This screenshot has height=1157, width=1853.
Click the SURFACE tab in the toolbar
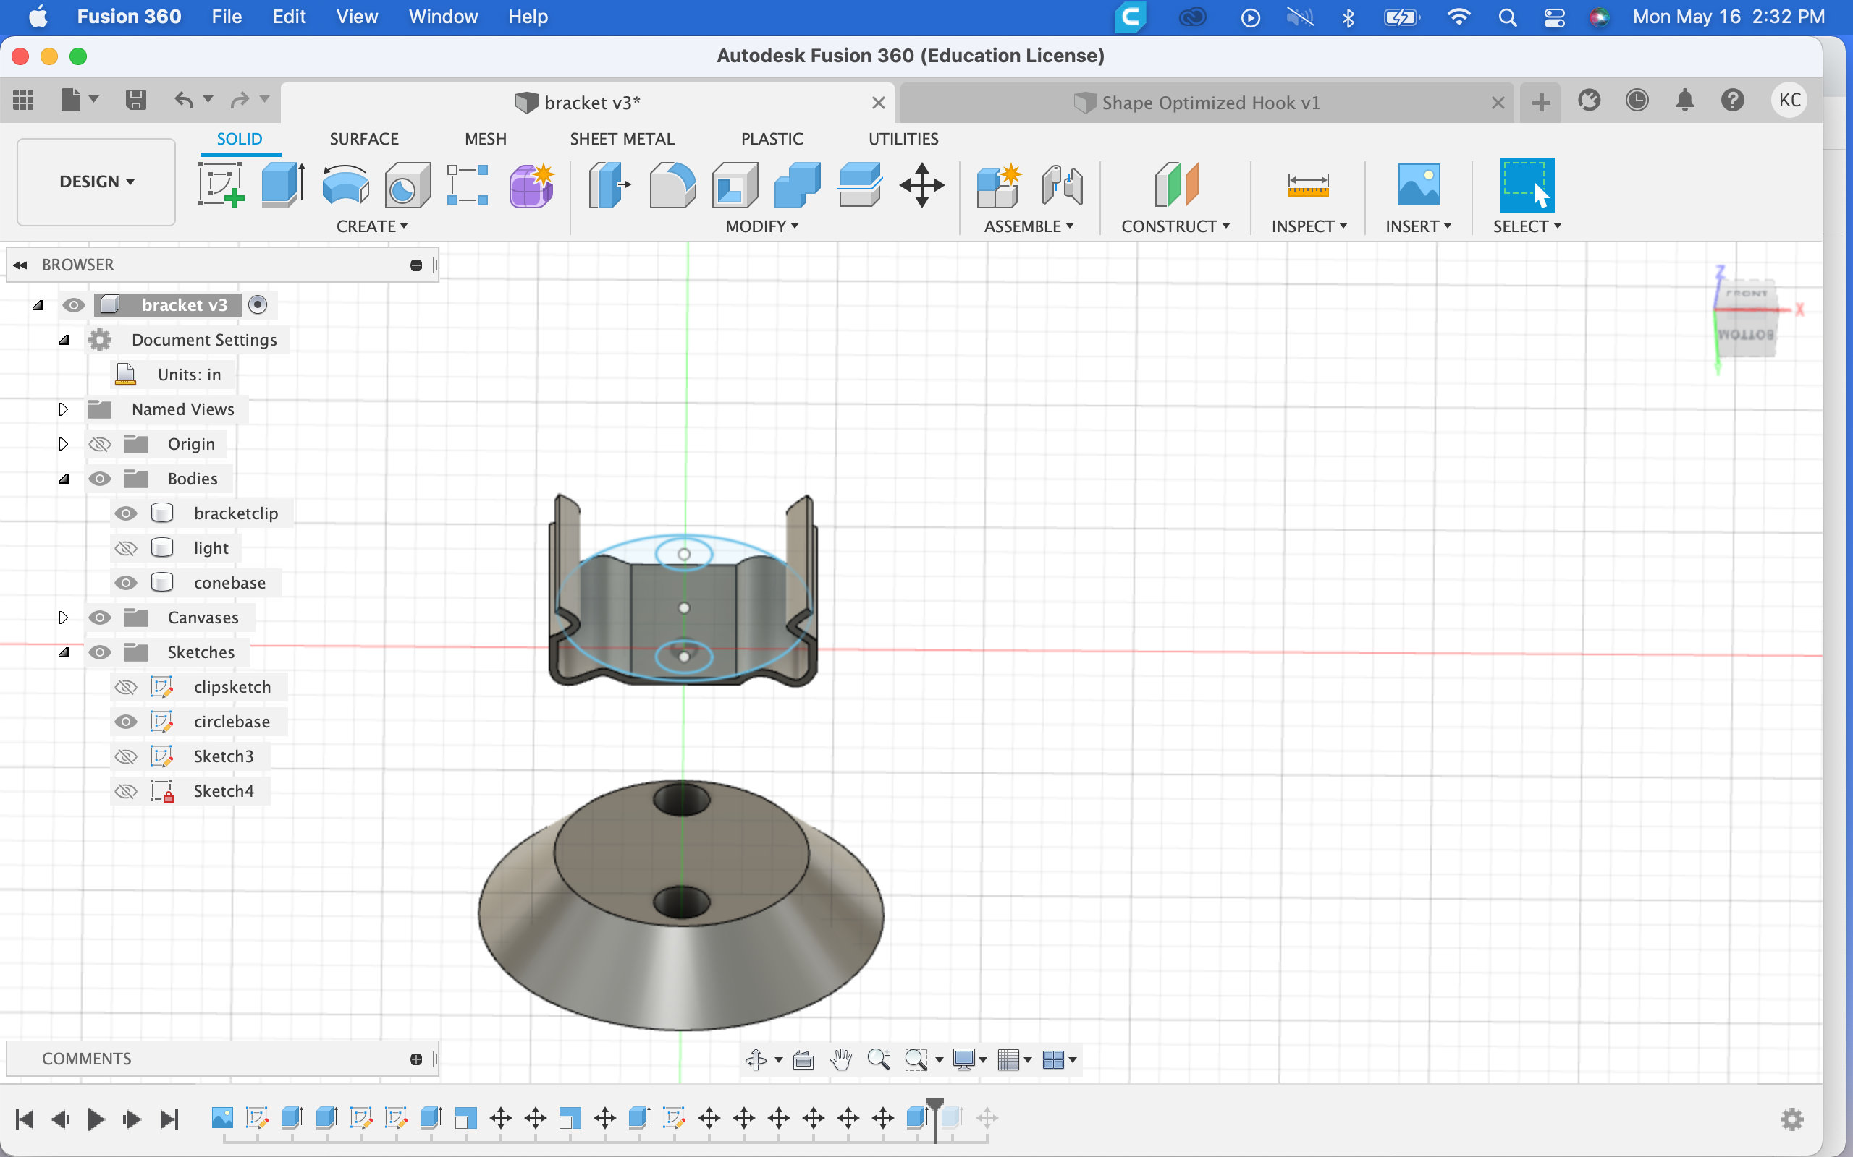[x=363, y=139]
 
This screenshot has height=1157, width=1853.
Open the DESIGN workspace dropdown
[x=96, y=182]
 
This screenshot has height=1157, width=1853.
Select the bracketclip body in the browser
[x=236, y=513]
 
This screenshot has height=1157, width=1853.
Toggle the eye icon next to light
[x=125, y=548]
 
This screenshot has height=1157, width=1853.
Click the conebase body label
[x=229, y=583]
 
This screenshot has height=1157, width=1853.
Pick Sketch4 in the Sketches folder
[x=224, y=791]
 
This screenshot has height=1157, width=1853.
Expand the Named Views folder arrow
[x=64, y=409]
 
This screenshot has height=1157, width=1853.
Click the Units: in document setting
[x=189, y=375]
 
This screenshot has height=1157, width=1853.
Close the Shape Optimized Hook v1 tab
[x=1498, y=103]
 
